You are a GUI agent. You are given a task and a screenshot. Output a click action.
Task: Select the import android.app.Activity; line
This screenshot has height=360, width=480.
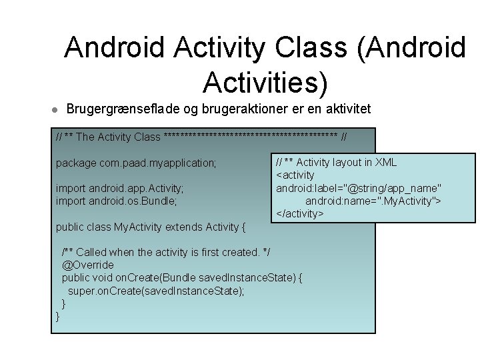pos(119,188)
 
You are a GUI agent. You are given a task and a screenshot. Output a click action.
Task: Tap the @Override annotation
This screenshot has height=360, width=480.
pos(87,265)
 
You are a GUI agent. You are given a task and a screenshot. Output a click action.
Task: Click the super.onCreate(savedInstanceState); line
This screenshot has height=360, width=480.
pos(156,291)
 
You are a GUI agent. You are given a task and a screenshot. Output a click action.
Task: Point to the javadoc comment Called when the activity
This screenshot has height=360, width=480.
pos(175,252)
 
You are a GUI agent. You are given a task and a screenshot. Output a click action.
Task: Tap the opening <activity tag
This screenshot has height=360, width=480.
pos(295,175)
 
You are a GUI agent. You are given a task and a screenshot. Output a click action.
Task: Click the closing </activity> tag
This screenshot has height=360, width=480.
pos(300,214)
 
